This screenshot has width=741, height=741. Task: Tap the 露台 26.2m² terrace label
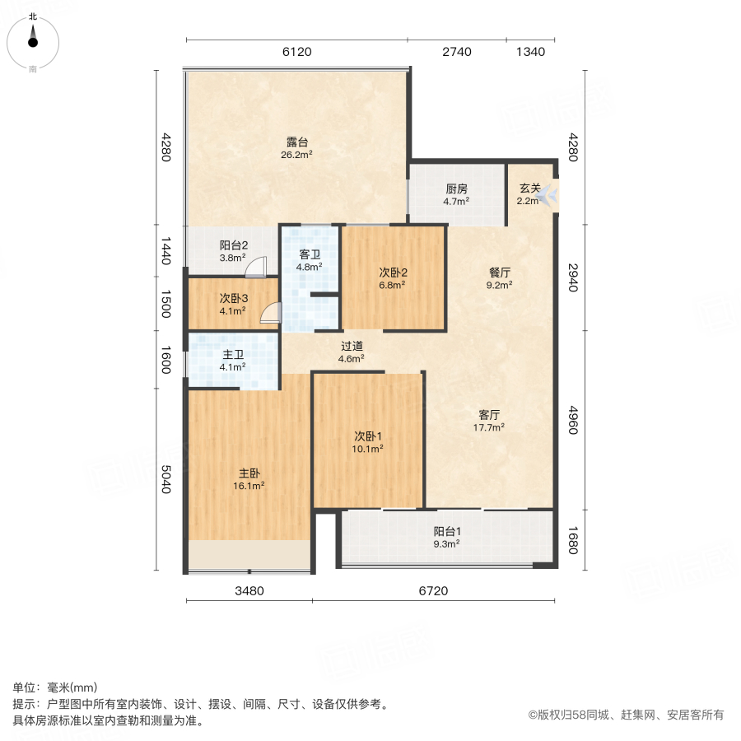click(296, 147)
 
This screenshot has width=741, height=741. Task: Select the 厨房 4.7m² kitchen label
click(457, 194)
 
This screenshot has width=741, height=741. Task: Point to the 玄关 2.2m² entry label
click(528, 194)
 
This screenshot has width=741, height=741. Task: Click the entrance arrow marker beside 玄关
click(551, 195)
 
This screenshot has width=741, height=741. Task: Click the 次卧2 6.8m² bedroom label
click(394, 278)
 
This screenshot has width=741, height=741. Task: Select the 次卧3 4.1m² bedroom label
click(233, 305)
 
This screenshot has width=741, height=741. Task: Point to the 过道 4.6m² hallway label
click(352, 352)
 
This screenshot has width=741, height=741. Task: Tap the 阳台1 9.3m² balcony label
click(446, 537)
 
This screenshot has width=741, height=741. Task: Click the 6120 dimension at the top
click(296, 52)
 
